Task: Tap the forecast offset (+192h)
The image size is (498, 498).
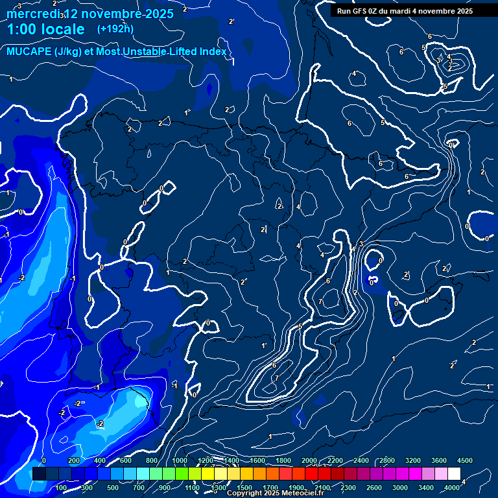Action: click(115, 29)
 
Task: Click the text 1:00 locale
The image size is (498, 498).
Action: click(46, 29)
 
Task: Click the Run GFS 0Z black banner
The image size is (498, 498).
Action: click(405, 11)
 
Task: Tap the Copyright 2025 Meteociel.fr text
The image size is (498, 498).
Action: click(275, 493)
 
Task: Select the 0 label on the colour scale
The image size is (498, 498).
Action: click(44, 460)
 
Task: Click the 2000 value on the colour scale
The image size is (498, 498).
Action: click(309, 460)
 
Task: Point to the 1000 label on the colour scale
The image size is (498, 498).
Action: click(180, 460)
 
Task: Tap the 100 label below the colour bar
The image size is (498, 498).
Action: click(61, 488)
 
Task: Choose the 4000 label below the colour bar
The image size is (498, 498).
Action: click(453, 488)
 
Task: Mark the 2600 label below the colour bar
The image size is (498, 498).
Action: click(374, 488)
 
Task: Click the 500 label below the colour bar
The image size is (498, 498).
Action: click(113, 488)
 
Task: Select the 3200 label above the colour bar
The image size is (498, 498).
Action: click(413, 460)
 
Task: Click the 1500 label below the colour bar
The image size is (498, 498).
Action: click(244, 488)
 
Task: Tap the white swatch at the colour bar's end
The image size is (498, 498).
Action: click(454, 474)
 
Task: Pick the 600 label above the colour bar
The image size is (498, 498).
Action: click(126, 460)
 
